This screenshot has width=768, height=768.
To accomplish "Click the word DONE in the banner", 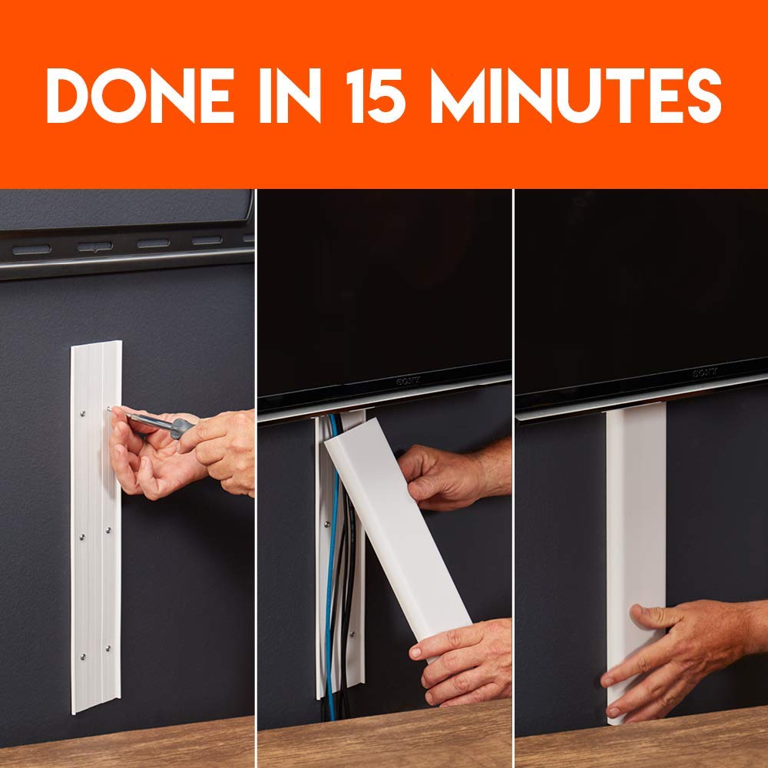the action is (140, 95).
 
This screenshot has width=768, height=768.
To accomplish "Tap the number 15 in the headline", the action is (376, 95).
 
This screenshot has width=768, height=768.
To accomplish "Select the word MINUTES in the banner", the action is (575, 95).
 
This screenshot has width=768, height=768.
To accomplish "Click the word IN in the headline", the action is (290, 95).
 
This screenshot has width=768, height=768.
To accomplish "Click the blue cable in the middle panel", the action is (332, 563).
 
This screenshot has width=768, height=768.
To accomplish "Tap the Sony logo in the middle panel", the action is (408, 381).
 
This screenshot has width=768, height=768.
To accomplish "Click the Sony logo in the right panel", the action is (705, 372).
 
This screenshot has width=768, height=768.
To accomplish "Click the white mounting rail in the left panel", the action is (96, 527).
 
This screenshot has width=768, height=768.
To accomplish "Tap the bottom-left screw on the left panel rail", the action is (83, 656).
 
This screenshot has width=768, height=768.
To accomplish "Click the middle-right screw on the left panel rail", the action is (108, 529).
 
